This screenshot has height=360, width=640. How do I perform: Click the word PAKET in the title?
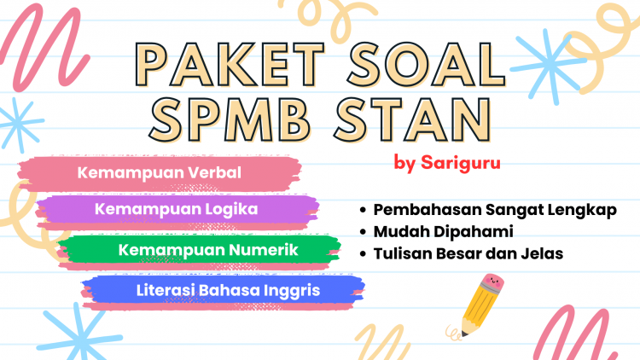(230, 65)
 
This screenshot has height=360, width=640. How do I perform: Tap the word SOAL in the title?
(427, 65)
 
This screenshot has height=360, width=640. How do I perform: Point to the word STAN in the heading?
(413, 119)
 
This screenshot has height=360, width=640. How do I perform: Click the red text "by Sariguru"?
(447, 163)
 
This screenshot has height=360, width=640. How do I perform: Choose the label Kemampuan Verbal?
(160, 172)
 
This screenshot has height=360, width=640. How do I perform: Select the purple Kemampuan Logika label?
(177, 209)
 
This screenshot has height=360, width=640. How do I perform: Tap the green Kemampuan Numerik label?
(208, 250)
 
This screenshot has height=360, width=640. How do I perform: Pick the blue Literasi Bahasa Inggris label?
(228, 291)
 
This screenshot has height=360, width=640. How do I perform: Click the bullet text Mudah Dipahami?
(443, 232)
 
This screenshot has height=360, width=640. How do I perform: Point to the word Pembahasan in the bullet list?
(428, 210)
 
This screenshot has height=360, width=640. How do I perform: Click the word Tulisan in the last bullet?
(403, 254)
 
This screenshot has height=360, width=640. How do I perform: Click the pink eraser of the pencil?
(492, 283)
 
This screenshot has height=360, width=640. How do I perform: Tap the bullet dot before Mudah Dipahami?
(364, 232)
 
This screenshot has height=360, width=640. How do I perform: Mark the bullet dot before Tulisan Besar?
(364, 254)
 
